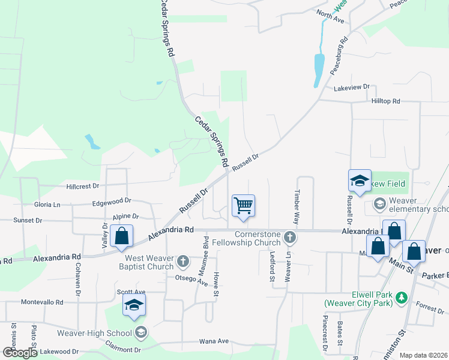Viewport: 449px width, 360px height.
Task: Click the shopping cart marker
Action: coord(243,206)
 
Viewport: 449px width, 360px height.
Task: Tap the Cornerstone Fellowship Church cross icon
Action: coord(290,238)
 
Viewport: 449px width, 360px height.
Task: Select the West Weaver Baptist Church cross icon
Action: coord(183,261)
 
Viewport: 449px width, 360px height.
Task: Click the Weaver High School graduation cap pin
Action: coord(134,305)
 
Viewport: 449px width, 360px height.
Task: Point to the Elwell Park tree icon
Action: coord(402,296)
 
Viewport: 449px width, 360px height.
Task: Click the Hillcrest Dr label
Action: coord(82,187)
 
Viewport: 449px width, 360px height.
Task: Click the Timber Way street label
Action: coord(297,203)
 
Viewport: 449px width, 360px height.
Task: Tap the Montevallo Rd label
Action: coord(41,303)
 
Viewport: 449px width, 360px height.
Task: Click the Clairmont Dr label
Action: coord(122,349)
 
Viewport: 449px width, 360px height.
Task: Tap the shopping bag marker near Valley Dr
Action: coord(121,237)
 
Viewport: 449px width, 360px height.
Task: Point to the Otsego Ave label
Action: coord(191,280)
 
